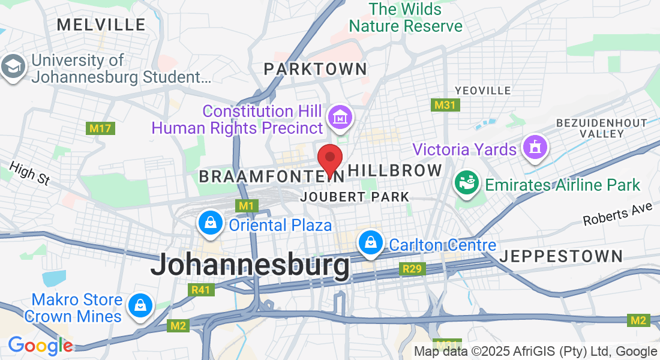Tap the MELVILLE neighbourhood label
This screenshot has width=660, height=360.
(x=101, y=25)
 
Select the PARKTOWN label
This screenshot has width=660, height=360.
(x=315, y=69)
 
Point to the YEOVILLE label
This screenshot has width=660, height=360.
(x=482, y=91)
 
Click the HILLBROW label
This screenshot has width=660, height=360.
(x=395, y=170)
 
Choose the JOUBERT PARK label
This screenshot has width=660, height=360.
(x=356, y=197)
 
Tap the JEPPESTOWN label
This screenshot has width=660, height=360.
(x=561, y=256)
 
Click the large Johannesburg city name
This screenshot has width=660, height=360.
(x=250, y=265)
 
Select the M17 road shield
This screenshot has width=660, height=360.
(x=100, y=128)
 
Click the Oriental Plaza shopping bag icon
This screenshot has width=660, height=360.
(x=211, y=224)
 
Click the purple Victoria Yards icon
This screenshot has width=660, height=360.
(x=533, y=148)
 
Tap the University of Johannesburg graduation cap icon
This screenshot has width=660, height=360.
(x=14, y=67)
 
